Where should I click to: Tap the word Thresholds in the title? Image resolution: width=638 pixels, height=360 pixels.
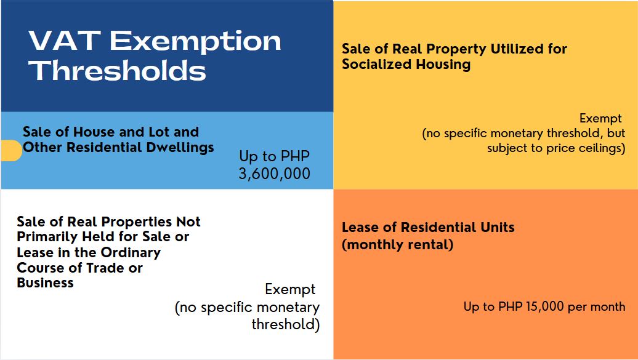coord(117,71)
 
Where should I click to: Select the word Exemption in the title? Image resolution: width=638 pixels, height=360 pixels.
coord(195,41)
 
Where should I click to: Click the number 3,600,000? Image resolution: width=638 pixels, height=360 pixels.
coord(274,174)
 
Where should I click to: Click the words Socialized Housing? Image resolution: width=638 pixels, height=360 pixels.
coord(406,65)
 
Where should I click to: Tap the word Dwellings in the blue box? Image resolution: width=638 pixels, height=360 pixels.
coord(184,148)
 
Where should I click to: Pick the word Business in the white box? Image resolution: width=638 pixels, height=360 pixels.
coord(45,283)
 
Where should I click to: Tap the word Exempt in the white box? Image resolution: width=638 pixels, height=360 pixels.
coord(290,289)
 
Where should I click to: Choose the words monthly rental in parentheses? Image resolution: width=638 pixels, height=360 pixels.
coord(397,244)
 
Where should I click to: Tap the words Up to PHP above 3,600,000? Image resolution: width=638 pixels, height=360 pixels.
coord(274,156)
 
